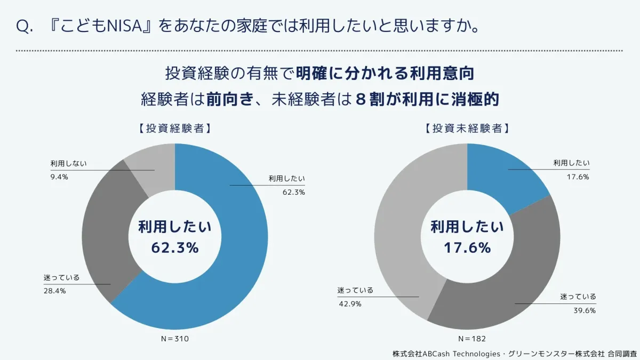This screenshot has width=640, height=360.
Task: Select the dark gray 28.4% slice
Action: point(107,235)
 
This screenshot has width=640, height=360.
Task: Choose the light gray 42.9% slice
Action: point(400,224)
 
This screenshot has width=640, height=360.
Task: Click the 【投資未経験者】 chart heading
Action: point(467,129)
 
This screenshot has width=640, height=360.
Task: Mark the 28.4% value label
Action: point(54,291)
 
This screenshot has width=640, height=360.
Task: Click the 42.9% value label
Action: point(350,304)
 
